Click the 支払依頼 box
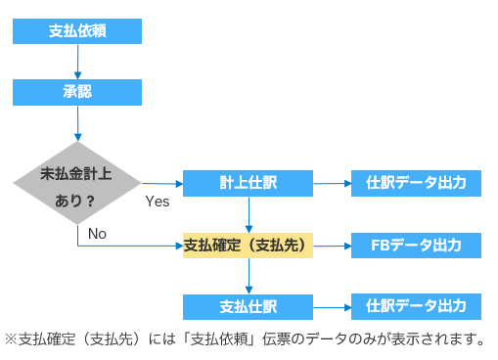click(77, 31)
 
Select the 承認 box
click(77, 92)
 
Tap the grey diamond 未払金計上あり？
click(77, 183)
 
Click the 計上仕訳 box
click(248, 183)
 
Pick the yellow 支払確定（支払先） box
click(248, 246)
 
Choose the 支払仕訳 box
click(248, 307)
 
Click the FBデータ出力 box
click(416, 246)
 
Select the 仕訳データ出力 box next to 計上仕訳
click(416, 183)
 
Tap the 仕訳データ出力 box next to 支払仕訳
click(416, 306)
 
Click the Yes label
click(158, 202)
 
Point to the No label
click(97, 234)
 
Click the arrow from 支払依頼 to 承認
click(77, 62)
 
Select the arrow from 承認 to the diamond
click(77, 123)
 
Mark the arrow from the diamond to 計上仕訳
click(162, 184)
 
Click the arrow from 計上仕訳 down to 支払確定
click(249, 214)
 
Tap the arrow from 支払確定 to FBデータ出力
click(332, 246)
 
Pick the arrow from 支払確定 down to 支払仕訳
click(249, 277)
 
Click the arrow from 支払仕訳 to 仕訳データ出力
click(332, 307)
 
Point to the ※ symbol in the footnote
click(11, 339)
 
